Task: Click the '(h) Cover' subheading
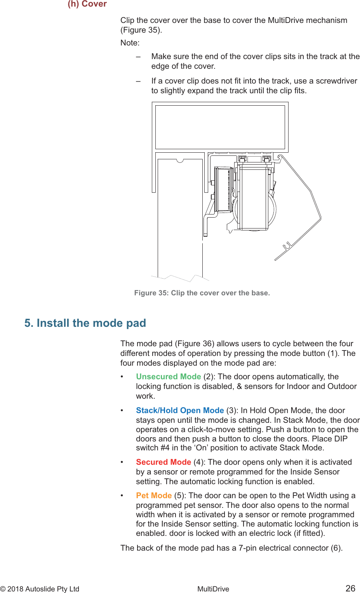pos(87,4)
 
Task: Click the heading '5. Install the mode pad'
pos(85,323)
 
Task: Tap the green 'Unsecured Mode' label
pos(168,377)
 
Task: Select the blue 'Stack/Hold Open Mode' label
pos(180,410)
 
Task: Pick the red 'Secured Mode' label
pos(163,462)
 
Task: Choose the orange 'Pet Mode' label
pos(154,495)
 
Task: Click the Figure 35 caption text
pos(202,293)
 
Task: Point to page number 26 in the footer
pos(350,588)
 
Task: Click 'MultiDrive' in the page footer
pos(213,589)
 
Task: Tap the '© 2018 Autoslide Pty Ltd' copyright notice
pos(40,589)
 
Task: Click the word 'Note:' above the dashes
pos(130,43)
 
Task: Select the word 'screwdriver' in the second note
pos(336,81)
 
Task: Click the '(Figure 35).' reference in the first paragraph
pos(141,30)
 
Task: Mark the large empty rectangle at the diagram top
pos(220,127)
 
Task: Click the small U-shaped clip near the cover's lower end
pos(287,246)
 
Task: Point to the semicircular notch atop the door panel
pos(179,160)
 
